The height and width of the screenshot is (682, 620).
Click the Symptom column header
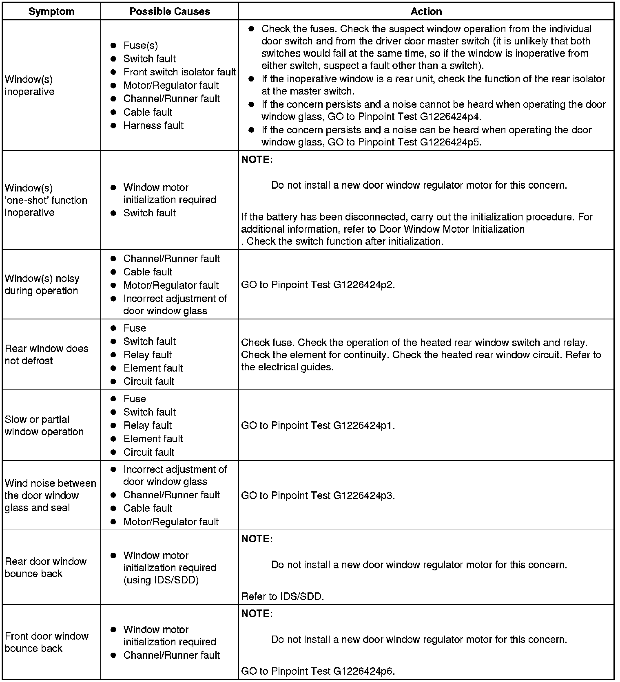point(51,11)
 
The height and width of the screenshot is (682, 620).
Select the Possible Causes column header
point(170,11)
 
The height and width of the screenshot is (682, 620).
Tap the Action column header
point(426,11)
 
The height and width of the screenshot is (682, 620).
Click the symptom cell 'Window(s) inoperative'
point(29,86)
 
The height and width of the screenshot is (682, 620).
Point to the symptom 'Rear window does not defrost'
point(46,354)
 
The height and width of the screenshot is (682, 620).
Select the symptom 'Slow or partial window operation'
point(44,425)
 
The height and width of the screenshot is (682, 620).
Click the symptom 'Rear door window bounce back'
point(45,568)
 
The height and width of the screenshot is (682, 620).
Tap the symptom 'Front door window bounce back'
point(46,642)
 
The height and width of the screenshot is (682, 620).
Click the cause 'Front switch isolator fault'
point(179,72)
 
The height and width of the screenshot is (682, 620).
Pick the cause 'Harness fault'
point(153,125)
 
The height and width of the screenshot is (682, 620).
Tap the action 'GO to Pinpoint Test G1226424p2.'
point(318,285)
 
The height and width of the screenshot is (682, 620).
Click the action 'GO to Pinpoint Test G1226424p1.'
point(318,426)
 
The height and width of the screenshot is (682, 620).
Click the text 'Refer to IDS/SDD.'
point(283,597)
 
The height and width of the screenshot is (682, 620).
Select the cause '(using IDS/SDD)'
point(161,580)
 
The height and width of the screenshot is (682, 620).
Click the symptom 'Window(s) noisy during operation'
point(42,284)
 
